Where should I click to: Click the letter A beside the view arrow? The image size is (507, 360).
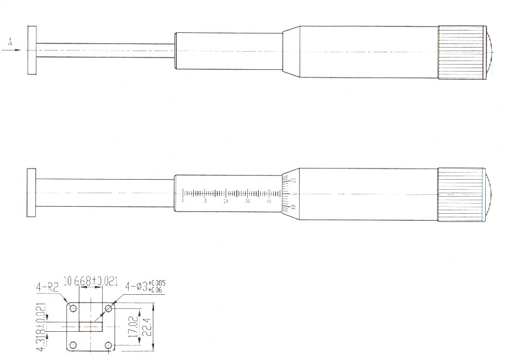point(10,41)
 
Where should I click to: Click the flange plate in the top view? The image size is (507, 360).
point(32,50)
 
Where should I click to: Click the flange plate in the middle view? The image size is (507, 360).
point(32,193)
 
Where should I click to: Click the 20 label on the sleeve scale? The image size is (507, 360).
point(226,201)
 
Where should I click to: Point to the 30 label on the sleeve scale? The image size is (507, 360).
point(247,201)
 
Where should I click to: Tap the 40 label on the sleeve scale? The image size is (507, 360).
point(268,201)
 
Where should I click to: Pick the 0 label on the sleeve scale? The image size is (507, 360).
point(183,201)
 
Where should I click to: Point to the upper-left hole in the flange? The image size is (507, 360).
point(73,308)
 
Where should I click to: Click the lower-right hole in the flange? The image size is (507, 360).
point(109,345)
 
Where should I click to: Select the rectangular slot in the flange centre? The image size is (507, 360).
point(91,325)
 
